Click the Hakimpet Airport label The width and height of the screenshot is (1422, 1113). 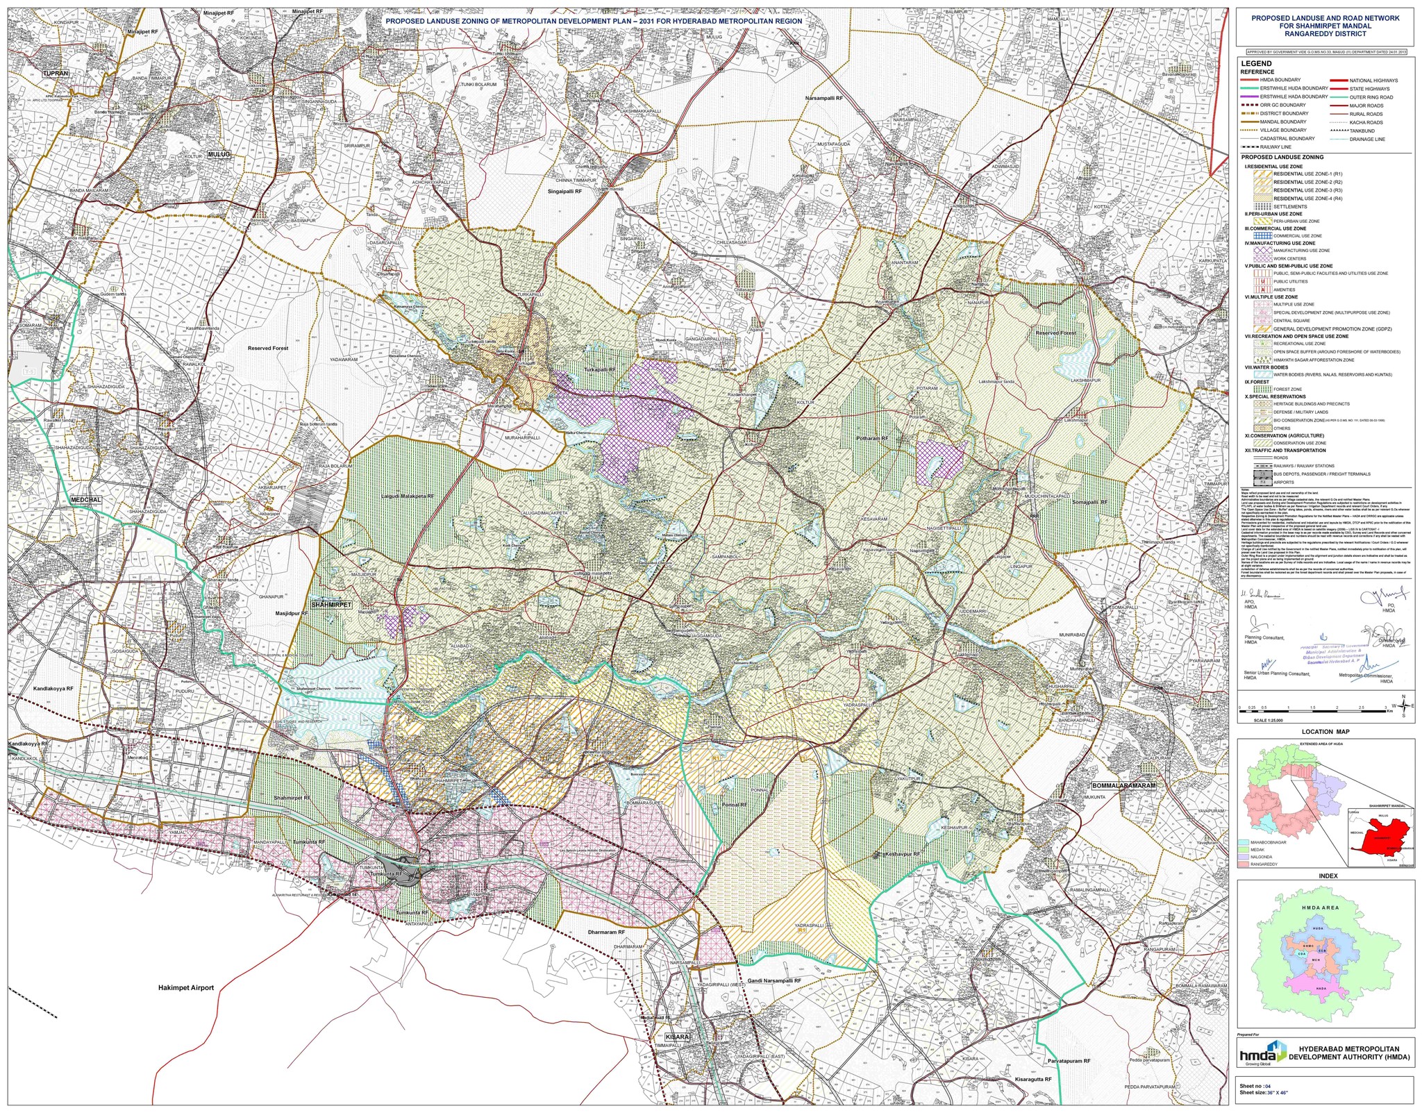(x=185, y=987)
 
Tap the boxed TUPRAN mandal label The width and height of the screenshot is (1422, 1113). (x=56, y=73)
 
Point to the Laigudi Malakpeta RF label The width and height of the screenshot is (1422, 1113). (x=408, y=496)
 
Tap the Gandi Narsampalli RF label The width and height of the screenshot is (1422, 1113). (x=769, y=981)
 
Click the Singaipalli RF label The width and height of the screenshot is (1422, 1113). (x=564, y=191)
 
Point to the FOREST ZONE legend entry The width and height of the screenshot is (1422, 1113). (x=1287, y=390)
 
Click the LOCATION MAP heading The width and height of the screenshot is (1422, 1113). (x=1325, y=732)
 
